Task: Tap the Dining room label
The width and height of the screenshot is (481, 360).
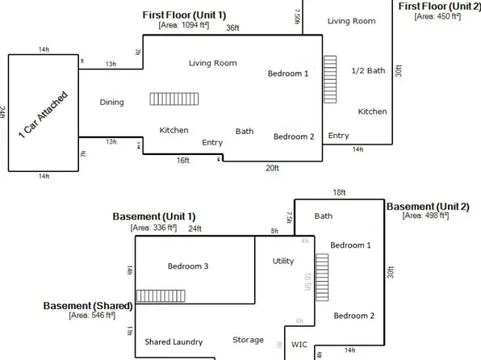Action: [112, 103]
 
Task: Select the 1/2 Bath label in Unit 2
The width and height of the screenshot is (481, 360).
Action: [369, 71]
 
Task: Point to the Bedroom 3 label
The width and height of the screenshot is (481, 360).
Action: [187, 266]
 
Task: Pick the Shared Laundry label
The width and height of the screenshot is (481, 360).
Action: [174, 341]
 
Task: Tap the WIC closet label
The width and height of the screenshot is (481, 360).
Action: [299, 344]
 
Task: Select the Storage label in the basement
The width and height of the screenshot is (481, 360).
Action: [248, 340]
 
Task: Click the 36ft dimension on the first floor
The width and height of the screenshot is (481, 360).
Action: [232, 28]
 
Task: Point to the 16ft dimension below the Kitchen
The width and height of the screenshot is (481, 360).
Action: [183, 160]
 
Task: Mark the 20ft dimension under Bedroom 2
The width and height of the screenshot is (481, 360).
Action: [272, 168]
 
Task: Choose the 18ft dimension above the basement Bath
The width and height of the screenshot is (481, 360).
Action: [339, 193]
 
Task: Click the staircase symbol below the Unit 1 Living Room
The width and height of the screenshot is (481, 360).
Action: [163, 98]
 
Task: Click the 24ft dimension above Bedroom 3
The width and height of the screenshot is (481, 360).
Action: [195, 228]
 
